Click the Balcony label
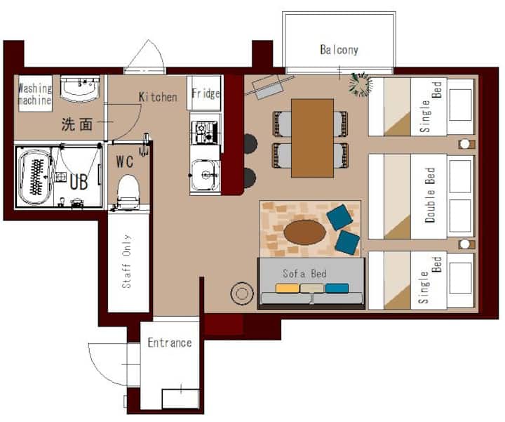339,50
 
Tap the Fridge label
206,93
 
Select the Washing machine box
35,93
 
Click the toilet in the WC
128,192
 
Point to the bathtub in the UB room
34,176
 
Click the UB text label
79,182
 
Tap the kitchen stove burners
205,132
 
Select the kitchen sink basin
205,176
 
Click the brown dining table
312,138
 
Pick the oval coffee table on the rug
304,232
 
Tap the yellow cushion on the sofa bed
288,288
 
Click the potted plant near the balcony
361,84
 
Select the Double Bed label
430,195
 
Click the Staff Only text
126,261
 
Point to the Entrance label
170,343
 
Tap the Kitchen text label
158,97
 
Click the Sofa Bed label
304,274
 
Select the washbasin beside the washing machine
80,88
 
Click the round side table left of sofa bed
242,293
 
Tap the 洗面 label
77,124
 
